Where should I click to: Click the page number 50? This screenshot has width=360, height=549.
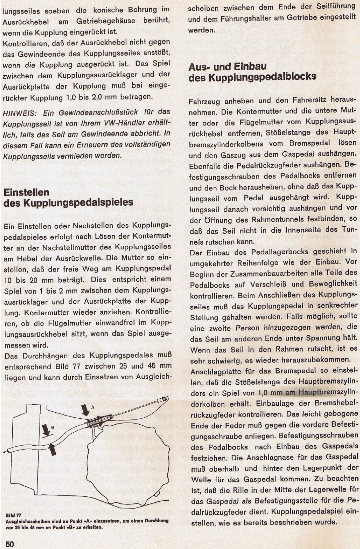pyautogui.click(x=10, y=544)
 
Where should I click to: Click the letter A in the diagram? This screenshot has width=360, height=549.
pyautogui.click(x=93, y=407)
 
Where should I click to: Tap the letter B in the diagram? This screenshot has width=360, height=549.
pyautogui.click(x=52, y=427)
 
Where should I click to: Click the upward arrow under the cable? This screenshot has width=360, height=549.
pyautogui.click(x=52, y=449)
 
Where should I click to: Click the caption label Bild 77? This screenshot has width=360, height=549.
pyautogui.click(x=14, y=515)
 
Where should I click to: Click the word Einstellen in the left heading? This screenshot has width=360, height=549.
pyautogui.click(x=26, y=192)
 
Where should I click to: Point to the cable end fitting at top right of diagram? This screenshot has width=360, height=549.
pyautogui.click(x=164, y=399)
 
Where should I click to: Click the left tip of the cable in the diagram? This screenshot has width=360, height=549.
pyautogui.click(x=5, y=451)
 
